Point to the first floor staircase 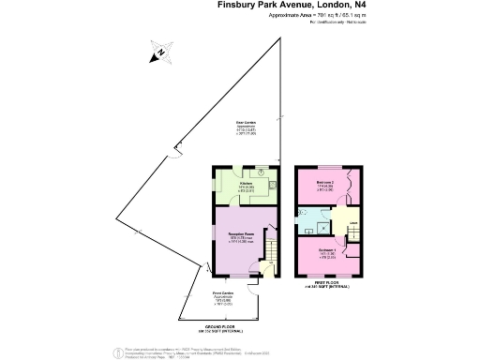(x=353, y=232)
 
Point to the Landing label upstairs (x=354, y=222)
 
